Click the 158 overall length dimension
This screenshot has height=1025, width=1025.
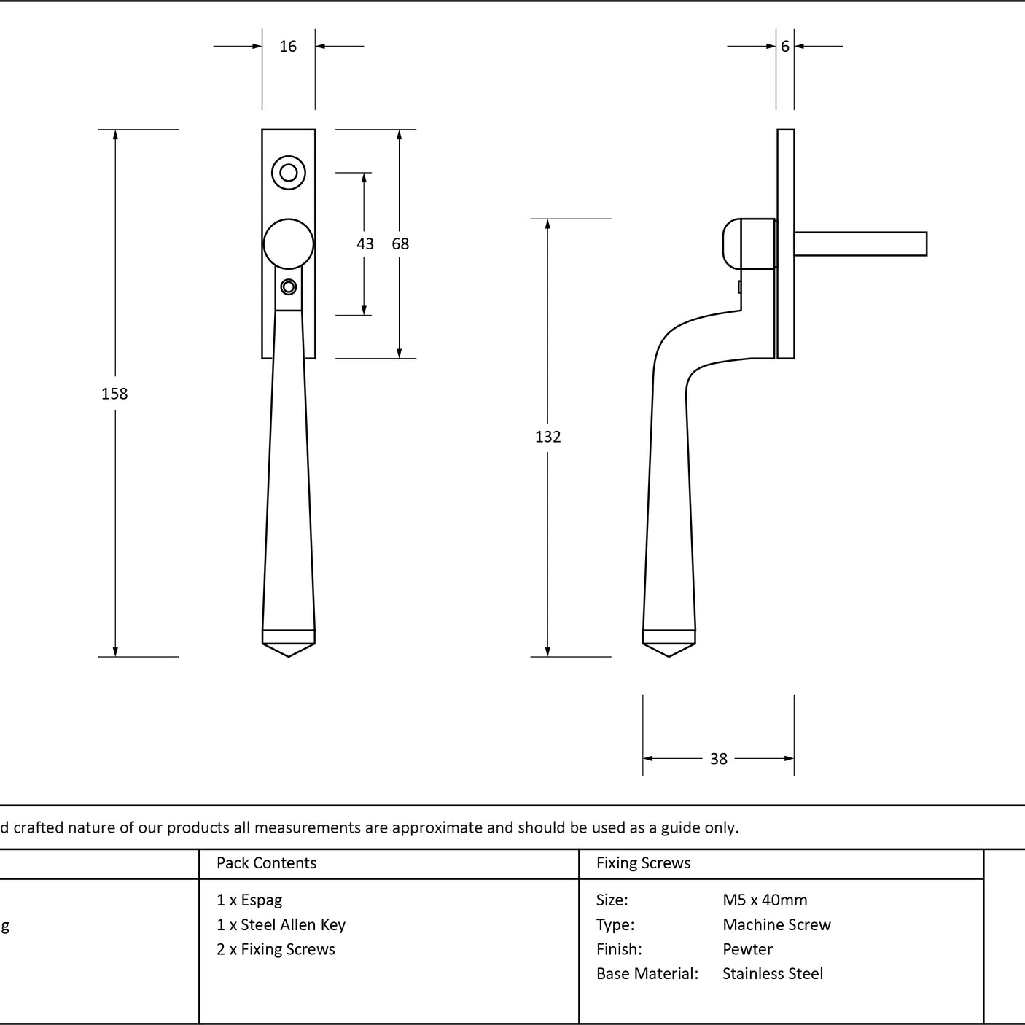(114, 394)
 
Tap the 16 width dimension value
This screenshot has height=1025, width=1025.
(288, 47)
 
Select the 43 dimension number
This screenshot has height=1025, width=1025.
(365, 243)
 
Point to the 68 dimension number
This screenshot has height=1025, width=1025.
(400, 243)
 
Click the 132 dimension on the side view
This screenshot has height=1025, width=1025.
(548, 437)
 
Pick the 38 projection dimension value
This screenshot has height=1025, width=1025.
(719, 758)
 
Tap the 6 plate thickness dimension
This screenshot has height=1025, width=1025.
(785, 47)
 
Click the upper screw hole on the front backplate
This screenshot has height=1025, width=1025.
(288, 173)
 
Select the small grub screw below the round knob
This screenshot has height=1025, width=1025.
(289, 287)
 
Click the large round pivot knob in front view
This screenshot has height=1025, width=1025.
(288, 244)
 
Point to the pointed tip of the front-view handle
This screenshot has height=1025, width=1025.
(288, 656)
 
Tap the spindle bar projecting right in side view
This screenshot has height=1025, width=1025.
(861, 243)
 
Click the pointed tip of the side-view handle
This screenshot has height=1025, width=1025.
(669, 656)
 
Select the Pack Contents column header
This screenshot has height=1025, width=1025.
(267, 862)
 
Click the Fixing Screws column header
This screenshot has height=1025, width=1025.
(643, 862)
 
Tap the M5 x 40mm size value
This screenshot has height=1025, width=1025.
(765, 900)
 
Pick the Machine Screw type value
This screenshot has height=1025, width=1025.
(776, 924)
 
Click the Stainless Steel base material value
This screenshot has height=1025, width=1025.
(773, 973)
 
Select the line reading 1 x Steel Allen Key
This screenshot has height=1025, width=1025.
(281, 925)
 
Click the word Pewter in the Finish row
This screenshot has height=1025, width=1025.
(747, 949)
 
